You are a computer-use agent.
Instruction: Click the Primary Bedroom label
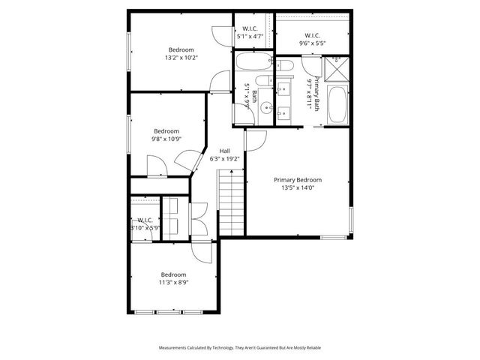(x=298, y=180)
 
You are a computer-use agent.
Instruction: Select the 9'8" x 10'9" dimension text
(x=166, y=139)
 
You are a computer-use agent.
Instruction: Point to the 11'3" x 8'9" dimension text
(x=173, y=283)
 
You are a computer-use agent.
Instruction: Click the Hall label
(x=224, y=150)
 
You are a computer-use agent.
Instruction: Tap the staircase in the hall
(x=232, y=201)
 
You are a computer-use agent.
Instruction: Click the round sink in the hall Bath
(x=265, y=109)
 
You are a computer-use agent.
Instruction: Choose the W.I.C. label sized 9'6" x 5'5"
(x=313, y=39)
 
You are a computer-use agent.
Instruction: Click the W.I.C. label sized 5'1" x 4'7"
(x=250, y=31)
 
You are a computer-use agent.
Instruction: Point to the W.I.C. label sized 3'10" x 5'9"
(x=145, y=223)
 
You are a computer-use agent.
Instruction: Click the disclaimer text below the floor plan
(x=239, y=348)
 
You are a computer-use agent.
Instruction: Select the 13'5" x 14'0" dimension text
(x=298, y=188)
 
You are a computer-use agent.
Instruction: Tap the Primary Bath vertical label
(x=318, y=93)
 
